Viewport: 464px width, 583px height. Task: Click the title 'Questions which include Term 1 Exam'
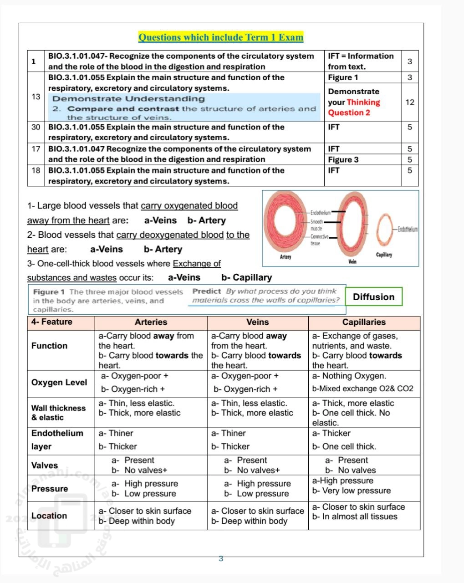tap(221, 37)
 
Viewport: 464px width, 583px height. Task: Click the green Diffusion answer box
tap(373, 297)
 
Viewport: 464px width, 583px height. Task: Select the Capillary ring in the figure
tap(385, 230)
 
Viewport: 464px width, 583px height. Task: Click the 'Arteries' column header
tap(151, 322)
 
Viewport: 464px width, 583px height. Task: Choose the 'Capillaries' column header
tap(364, 322)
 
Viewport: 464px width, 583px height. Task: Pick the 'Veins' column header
tap(257, 322)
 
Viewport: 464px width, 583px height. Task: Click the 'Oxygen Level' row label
tap(59, 383)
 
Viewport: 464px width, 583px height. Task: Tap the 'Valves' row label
tap(45, 465)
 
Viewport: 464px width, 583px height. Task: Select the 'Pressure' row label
tap(50, 489)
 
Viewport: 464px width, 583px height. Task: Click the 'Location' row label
tap(49, 516)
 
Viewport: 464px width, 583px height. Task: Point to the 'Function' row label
tap(49, 346)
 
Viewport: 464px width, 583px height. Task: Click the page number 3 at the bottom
tap(221, 558)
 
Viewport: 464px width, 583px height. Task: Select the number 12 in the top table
tap(410, 102)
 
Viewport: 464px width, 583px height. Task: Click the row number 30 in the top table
tap(36, 127)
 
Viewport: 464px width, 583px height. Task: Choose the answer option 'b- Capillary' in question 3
tap(246, 277)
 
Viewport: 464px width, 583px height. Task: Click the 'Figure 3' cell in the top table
tap(343, 159)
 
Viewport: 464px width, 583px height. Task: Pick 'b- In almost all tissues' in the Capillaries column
tap(355, 517)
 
